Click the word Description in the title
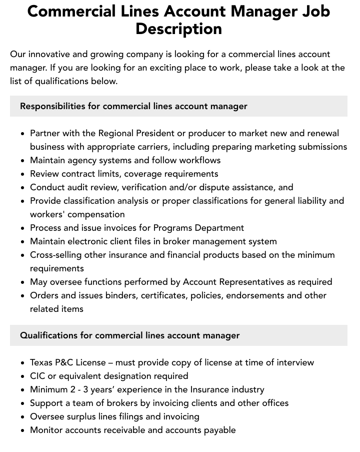(178, 29)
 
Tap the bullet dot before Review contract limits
(22, 174)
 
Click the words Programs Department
(198, 228)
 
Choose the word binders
(121, 295)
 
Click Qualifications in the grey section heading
(48, 335)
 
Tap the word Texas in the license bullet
(42, 362)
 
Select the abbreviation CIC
(38, 376)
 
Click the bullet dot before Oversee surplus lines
(22, 417)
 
